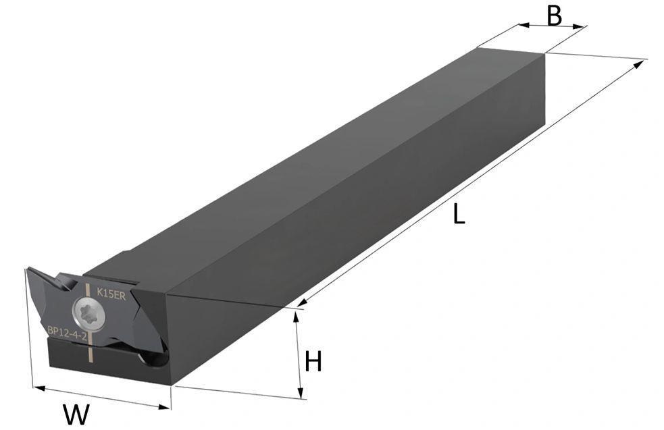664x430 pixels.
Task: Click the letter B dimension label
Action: click(554, 16)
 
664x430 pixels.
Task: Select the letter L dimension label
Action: click(459, 214)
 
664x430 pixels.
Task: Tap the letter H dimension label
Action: click(313, 362)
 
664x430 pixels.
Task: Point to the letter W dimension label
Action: click(76, 414)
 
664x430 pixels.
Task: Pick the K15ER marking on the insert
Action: click(111, 293)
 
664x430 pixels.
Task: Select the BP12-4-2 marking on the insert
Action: click(67, 333)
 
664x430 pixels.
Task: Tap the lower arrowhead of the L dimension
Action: click(301, 302)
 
